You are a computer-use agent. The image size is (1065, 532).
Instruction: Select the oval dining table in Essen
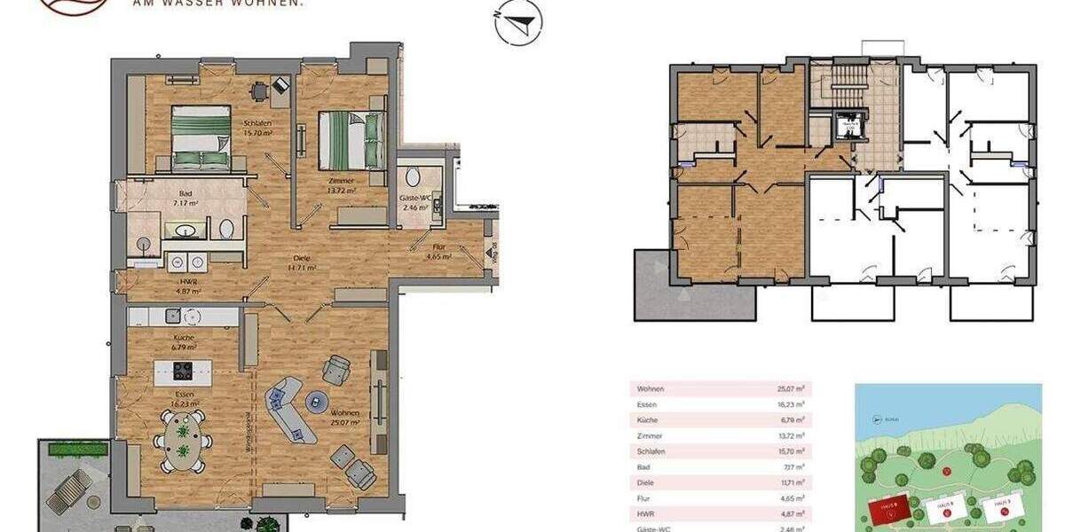(184, 441)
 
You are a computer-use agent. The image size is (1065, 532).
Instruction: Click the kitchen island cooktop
(184, 371)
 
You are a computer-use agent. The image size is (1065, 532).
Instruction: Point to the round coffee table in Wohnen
(318, 403)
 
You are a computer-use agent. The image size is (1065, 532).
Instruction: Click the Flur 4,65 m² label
(438, 253)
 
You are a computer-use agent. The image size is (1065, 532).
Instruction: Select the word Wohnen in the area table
(651, 388)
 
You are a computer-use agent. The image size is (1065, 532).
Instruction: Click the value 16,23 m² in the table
(785, 404)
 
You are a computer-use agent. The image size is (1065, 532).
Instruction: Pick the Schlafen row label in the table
(652, 451)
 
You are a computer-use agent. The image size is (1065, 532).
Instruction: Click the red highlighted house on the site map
(888, 509)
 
